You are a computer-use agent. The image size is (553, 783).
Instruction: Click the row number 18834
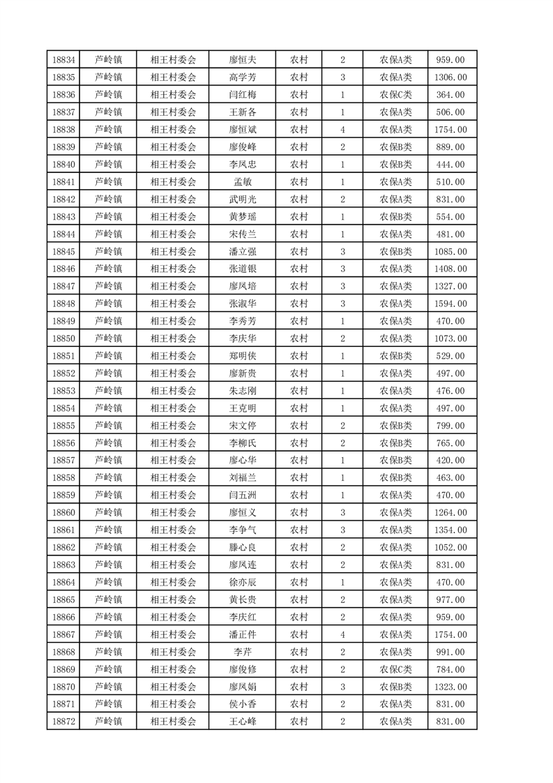pyautogui.click(x=63, y=60)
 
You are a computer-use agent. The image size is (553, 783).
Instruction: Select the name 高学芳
pyautogui.click(x=243, y=77)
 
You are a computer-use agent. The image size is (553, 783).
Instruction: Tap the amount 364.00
pyautogui.click(x=450, y=95)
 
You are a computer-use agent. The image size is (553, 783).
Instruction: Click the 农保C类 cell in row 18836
pyautogui.click(x=395, y=95)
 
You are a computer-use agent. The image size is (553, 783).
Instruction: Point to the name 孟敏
pyautogui.click(x=243, y=182)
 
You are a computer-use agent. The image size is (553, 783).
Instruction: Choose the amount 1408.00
pyautogui.click(x=450, y=269)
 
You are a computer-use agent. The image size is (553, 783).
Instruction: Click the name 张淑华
pyautogui.click(x=243, y=304)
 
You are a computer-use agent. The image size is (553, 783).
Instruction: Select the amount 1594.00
pyautogui.click(x=450, y=304)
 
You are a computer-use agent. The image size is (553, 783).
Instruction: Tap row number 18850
pyautogui.click(x=63, y=338)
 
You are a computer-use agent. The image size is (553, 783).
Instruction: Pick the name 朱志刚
pyautogui.click(x=243, y=391)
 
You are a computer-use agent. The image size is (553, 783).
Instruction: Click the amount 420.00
pyautogui.click(x=450, y=461)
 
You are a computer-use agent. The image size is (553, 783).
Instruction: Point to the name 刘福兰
pyautogui.click(x=243, y=478)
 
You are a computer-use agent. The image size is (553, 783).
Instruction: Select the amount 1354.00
pyautogui.click(x=450, y=530)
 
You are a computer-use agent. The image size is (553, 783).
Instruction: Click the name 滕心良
pyautogui.click(x=243, y=547)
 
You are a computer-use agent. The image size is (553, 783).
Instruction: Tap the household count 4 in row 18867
pyautogui.click(x=342, y=634)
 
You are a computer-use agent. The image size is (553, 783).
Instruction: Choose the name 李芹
pyautogui.click(x=243, y=652)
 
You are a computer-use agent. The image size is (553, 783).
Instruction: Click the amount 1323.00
pyautogui.click(x=450, y=687)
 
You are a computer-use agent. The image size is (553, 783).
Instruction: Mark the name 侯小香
pyautogui.click(x=243, y=704)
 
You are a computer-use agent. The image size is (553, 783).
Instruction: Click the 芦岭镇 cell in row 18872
pyautogui.click(x=108, y=722)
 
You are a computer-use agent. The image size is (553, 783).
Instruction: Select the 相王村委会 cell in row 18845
pyautogui.click(x=174, y=251)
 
